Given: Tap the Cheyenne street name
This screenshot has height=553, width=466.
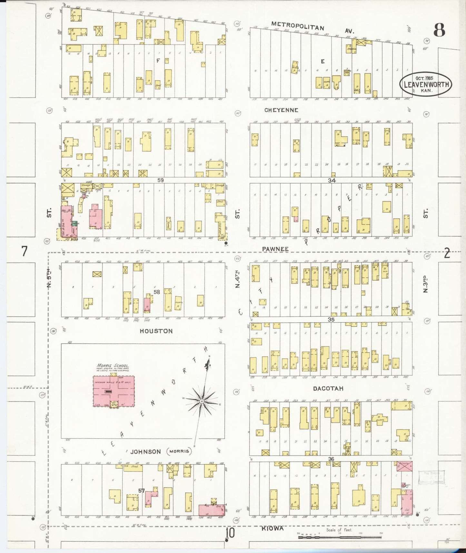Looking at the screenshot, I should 281,110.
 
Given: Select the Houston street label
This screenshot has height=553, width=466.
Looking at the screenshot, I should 156,331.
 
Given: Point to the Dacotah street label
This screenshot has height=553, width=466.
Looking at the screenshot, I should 328,389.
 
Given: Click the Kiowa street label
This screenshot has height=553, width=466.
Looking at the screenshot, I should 273,528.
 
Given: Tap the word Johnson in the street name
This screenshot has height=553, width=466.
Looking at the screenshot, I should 145,451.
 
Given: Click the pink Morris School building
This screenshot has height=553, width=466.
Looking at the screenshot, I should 114,391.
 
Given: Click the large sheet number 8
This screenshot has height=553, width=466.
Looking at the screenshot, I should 439,30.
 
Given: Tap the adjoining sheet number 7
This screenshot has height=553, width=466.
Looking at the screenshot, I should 25,251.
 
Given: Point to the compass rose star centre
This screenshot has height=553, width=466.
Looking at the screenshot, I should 202,401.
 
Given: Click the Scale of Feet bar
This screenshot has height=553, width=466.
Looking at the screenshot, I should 340,537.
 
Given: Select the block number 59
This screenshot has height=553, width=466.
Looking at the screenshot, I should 160,180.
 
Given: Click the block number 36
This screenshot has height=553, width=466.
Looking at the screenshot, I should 331,459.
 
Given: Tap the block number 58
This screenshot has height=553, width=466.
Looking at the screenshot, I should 157,292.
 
